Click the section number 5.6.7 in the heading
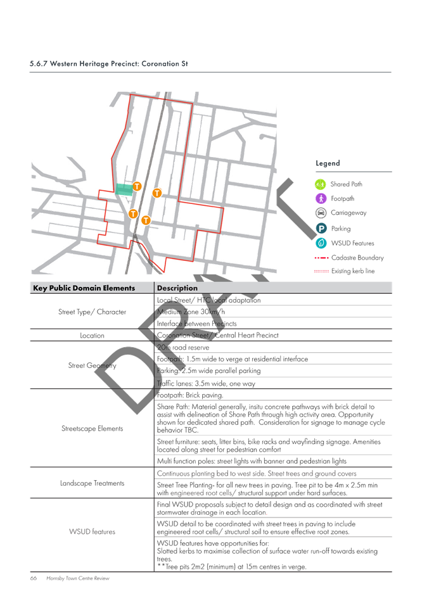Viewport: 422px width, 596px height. point(39,64)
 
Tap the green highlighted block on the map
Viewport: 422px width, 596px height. point(124,189)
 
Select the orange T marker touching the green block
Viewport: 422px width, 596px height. point(137,186)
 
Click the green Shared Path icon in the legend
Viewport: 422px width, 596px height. point(321,184)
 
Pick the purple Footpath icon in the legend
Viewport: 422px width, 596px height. point(321,198)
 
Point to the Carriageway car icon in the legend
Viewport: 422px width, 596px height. point(321,213)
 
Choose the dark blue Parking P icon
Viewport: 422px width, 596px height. point(321,229)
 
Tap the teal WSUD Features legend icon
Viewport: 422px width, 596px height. point(321,243)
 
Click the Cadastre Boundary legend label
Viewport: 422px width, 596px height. point(357,258)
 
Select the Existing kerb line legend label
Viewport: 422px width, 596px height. point(353,271)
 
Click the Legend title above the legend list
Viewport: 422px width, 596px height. point(328,163)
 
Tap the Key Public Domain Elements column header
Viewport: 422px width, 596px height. point(84,288)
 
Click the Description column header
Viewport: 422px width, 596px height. point(177,288)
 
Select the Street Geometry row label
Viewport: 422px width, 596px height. point(92,365)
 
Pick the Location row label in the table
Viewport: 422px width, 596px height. point(92,336)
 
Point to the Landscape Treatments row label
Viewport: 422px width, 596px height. point(92,483)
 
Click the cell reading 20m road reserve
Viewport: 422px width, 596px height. point(183,348)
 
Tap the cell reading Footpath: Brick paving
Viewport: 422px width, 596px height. point(190,395)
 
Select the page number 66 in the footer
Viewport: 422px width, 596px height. point(34,578)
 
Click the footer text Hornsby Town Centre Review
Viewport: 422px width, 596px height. point(77,578)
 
